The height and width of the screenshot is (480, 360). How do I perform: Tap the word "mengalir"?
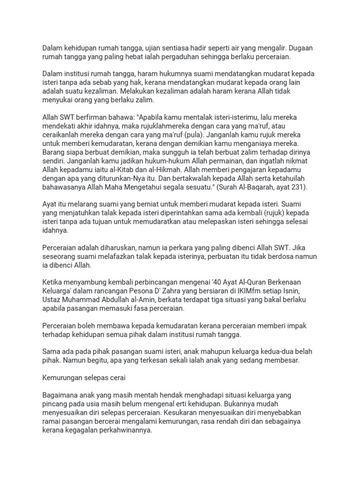[270, 47]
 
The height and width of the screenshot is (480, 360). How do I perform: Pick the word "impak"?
[307, 325]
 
